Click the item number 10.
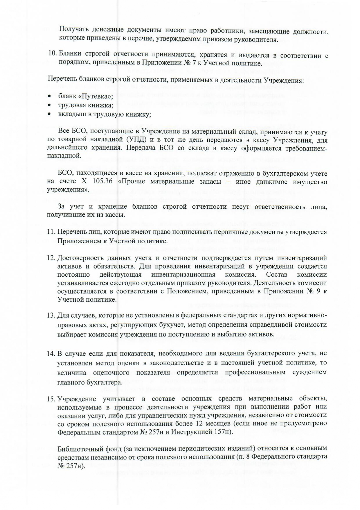[x=52, y=54]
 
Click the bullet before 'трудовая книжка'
[x=50, y=105]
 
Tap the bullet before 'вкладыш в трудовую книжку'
[x=50, y=114]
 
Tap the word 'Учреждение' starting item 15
[x=75, y=399]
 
